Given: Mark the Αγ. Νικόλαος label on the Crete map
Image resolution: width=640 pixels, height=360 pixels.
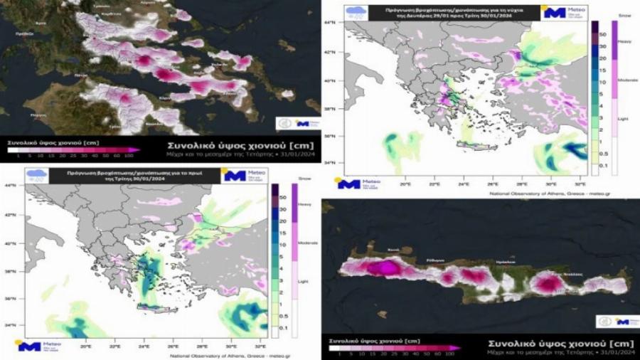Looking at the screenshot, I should tap(568, 273).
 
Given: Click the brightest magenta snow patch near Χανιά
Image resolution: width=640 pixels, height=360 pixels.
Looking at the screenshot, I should tap(388, 268).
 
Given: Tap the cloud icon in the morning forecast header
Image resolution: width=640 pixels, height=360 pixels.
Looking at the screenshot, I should tap(34, 175).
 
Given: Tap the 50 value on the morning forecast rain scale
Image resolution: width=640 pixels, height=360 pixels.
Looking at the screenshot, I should tap(284, 196).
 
